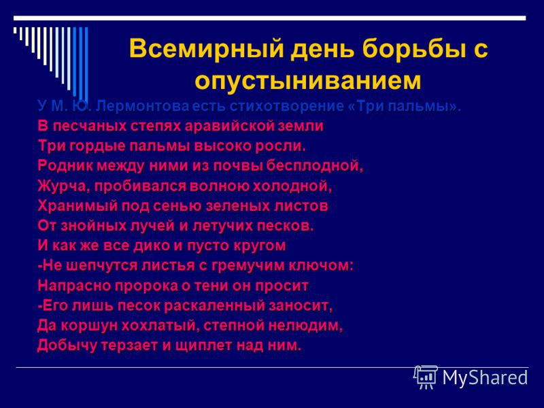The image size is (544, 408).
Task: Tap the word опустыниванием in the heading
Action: [308, 80]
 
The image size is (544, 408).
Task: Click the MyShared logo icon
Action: [426, 377]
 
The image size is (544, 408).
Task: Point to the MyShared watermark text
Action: [485, 378]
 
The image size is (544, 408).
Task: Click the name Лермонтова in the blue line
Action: [143, 106]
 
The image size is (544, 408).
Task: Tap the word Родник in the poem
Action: [65, 165]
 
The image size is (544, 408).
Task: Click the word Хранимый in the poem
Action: [78, 206]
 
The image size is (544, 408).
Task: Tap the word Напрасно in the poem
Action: [74, 286]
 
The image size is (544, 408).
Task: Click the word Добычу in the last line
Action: [67, 345]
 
